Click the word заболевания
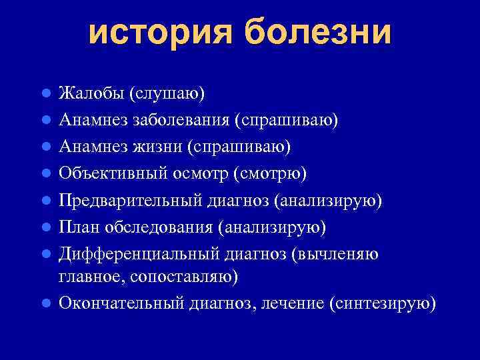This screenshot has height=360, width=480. click(176, 119)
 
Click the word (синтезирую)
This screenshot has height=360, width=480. click(383, 303)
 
